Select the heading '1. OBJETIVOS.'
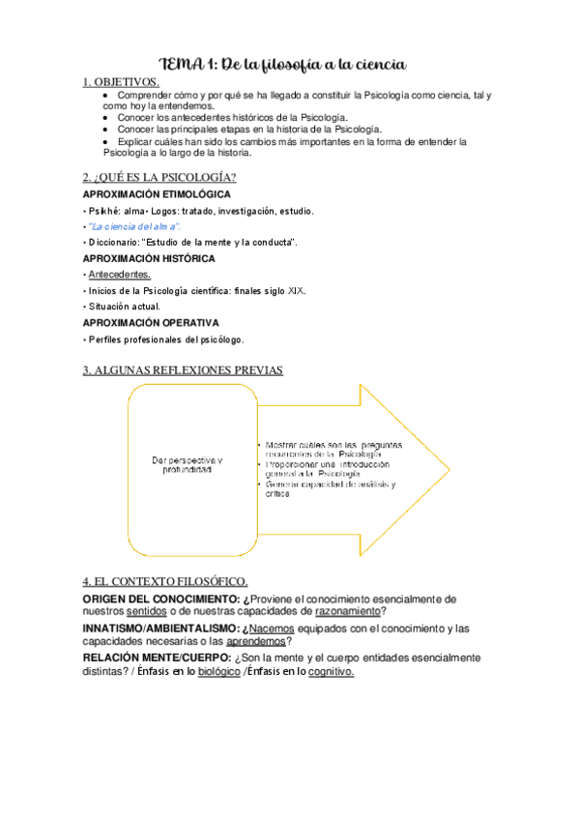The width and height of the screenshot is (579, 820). coord(121,83)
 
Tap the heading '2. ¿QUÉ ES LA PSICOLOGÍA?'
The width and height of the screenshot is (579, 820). coord(159,176)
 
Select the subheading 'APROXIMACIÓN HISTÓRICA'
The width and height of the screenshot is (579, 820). coord(149,258)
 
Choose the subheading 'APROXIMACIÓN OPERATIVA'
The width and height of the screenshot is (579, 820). coord(151,322)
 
